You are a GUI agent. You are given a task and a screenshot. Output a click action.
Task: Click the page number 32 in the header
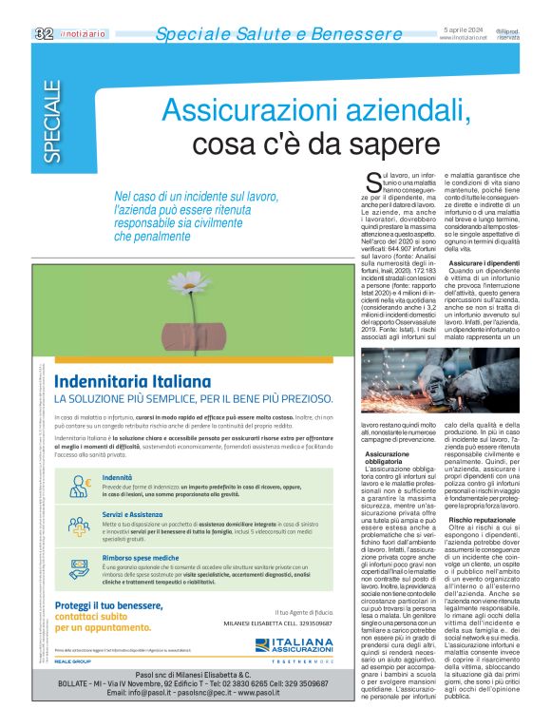43,34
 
